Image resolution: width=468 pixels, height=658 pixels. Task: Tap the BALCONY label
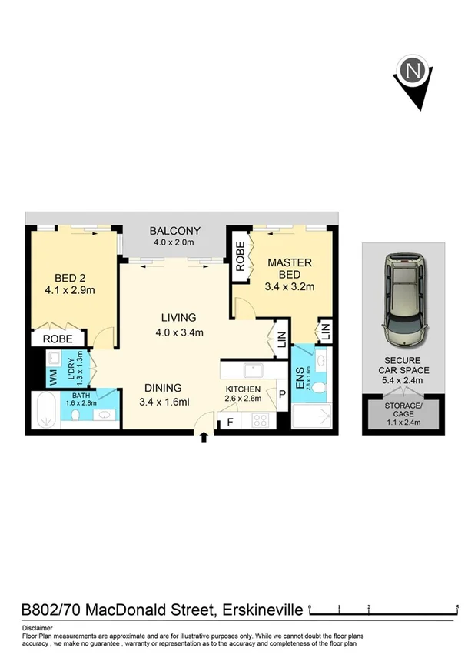pyautogui.click(x=174, y=231)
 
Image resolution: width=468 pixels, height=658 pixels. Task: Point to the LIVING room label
pyautogui.click(x=178, y=317)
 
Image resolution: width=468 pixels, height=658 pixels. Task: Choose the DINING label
pyautogui.click(x=161, y=388)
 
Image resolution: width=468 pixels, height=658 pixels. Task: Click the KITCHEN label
pyautogui.click(x=243, y=389)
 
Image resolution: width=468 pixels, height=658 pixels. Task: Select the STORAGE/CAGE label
pyautogui.click(x=403, y=406)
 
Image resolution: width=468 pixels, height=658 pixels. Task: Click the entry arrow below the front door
pyautogui.click(x=204, y=438)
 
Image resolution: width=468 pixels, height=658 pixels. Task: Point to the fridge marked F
pyautogui.click(x=229, y=423)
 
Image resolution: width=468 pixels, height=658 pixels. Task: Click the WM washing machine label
pyautogui.click(x=53, y=377)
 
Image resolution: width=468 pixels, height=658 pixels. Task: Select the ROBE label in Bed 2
pyautogui.click(x=58, y=339)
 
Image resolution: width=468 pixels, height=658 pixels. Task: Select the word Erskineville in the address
pyautogui.click(x=261, y=611)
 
